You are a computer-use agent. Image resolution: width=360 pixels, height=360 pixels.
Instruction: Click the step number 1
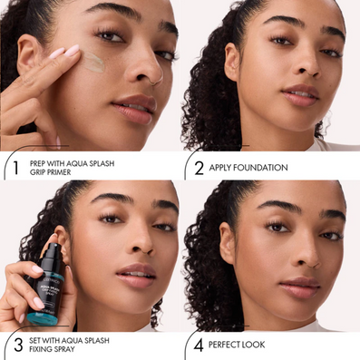[x=16, y=168]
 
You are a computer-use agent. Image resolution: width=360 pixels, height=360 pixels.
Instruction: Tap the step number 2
[x=199, y=168]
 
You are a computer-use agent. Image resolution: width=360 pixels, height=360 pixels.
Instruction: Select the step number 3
[x=18, y=345]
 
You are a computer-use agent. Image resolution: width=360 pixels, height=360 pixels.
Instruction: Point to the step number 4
[x=199, y=345]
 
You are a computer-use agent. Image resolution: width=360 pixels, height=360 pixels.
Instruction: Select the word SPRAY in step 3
[x=63, y=349]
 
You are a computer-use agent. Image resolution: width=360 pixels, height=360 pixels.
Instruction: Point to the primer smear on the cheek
[x=92, y=62]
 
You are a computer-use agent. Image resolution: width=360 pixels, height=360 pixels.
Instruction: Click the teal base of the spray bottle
[x=43, y=318]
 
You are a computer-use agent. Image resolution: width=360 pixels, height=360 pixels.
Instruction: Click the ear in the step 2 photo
[x=232, y=62]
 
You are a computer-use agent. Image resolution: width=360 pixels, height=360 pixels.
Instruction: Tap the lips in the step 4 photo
[x=299, y=287]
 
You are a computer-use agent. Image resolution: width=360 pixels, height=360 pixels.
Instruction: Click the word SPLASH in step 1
[x=101, y=163]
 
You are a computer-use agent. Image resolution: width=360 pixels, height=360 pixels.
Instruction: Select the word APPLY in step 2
[x=219, y=168]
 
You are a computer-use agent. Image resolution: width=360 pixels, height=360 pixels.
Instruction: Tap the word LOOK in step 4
[x=255, y=345]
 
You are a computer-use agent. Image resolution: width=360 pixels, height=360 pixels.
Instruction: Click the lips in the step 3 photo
[x=136, y=275]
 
